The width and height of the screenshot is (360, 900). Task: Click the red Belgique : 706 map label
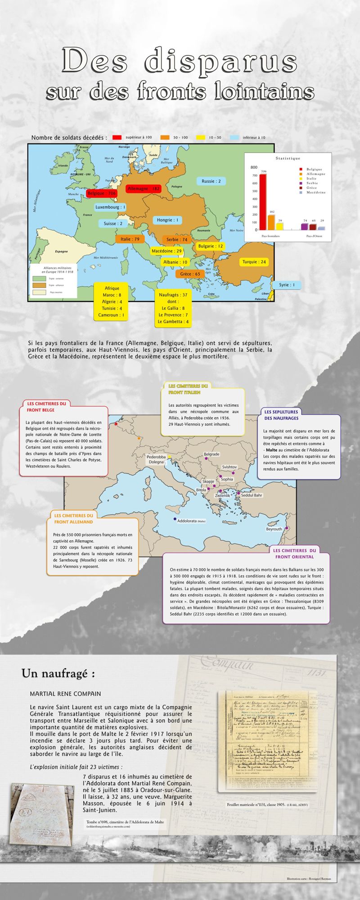click(101, 193)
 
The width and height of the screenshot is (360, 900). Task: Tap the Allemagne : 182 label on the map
click(144, 189)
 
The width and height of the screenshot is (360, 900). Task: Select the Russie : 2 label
click(211, 181)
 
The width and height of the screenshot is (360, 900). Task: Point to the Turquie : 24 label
click(254, 262)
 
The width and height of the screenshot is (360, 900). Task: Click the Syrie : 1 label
click(287, 285)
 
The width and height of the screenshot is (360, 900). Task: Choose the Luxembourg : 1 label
click(110, 207)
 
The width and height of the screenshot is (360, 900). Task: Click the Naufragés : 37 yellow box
click(173, 308)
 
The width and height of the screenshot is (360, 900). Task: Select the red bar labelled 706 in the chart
click(263, 202)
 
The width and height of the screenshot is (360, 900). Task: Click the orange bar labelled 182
click(271, 222)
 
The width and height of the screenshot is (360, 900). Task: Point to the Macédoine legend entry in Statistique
click(316, 192)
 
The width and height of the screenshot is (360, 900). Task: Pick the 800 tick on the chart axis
click(254, 167)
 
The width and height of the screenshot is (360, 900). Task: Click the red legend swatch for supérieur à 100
click(117, 138)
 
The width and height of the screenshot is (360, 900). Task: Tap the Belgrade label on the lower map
click(211, 454)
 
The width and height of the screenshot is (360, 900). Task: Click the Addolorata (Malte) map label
click(191, 521)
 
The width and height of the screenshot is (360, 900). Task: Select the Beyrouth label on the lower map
click(274, 529)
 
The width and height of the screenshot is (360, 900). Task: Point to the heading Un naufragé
click(58, 674)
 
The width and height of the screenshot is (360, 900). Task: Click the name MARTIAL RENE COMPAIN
click(65, 694)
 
